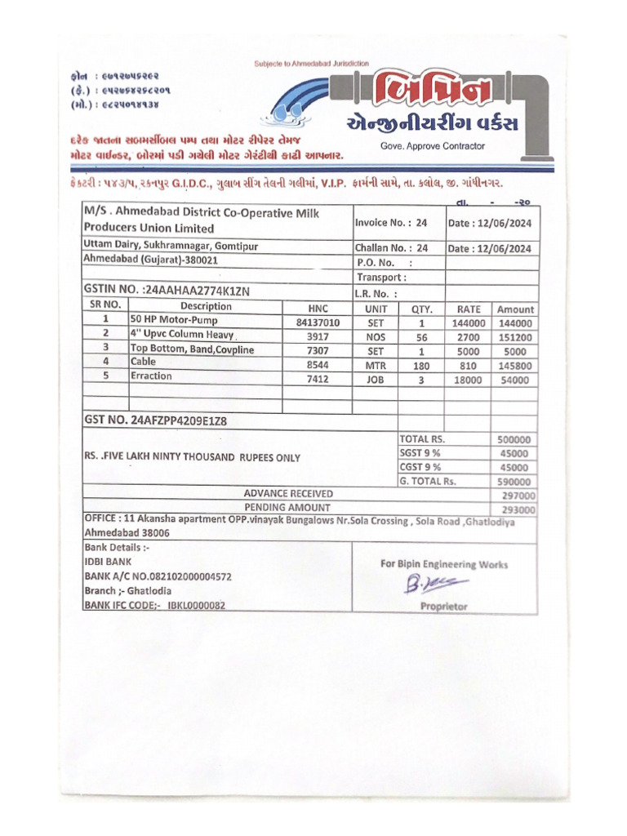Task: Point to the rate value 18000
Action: (x=469, y=380)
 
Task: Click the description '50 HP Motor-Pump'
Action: (x=175, y=321)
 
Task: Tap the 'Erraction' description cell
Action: (x=152, y=376)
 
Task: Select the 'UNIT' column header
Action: (x=376, y=309)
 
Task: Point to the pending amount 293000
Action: (x=518, y=509)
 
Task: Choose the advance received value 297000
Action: (x=518, y=496)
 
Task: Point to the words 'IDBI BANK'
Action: (x=108, y=562)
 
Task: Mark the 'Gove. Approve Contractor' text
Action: (x=432, y=146)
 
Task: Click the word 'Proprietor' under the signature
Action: (x=444, y=607)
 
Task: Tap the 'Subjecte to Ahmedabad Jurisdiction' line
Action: (x=312, y=63)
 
